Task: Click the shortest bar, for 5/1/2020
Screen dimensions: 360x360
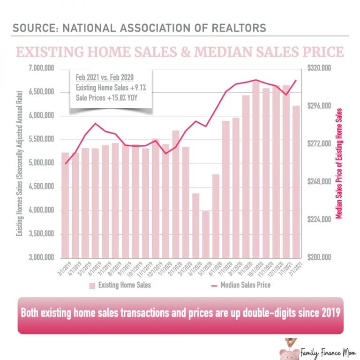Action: (x=205, y=234)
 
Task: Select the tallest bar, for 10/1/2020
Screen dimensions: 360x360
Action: (x=256, y=169)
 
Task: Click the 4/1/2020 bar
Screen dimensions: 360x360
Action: (x=195, y=225)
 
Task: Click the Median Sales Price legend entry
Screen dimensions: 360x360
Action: (x=241, y=285)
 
